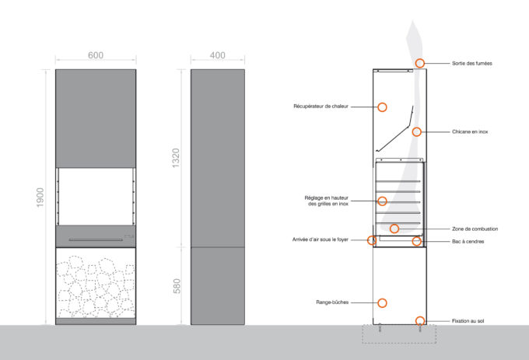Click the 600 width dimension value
(x=96, y=55)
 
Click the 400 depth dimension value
(x=217, y=55)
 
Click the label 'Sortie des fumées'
(x=472, y=63)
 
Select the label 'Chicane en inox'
(x=471, y=131)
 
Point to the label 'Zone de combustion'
(x=475, y=229)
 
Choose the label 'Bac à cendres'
(x=468, y=241)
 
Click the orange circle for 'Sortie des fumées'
(x=420, y=63)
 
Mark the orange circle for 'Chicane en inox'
(x=417, y=131)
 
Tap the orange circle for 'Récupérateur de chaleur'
(x=382, y=106)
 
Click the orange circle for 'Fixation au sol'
(x=420, y=320)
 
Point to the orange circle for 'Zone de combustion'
(x=394, y=229)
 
